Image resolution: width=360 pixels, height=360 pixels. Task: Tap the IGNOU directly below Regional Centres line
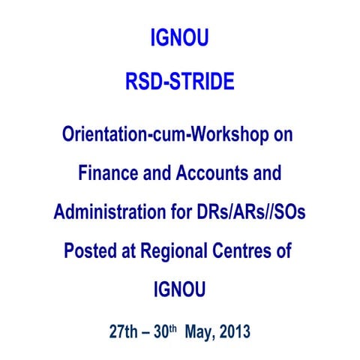(x=180, y=289)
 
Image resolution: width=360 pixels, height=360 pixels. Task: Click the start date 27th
(x=125, y=330)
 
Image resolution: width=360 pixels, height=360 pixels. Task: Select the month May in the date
(x=205, y=331)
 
